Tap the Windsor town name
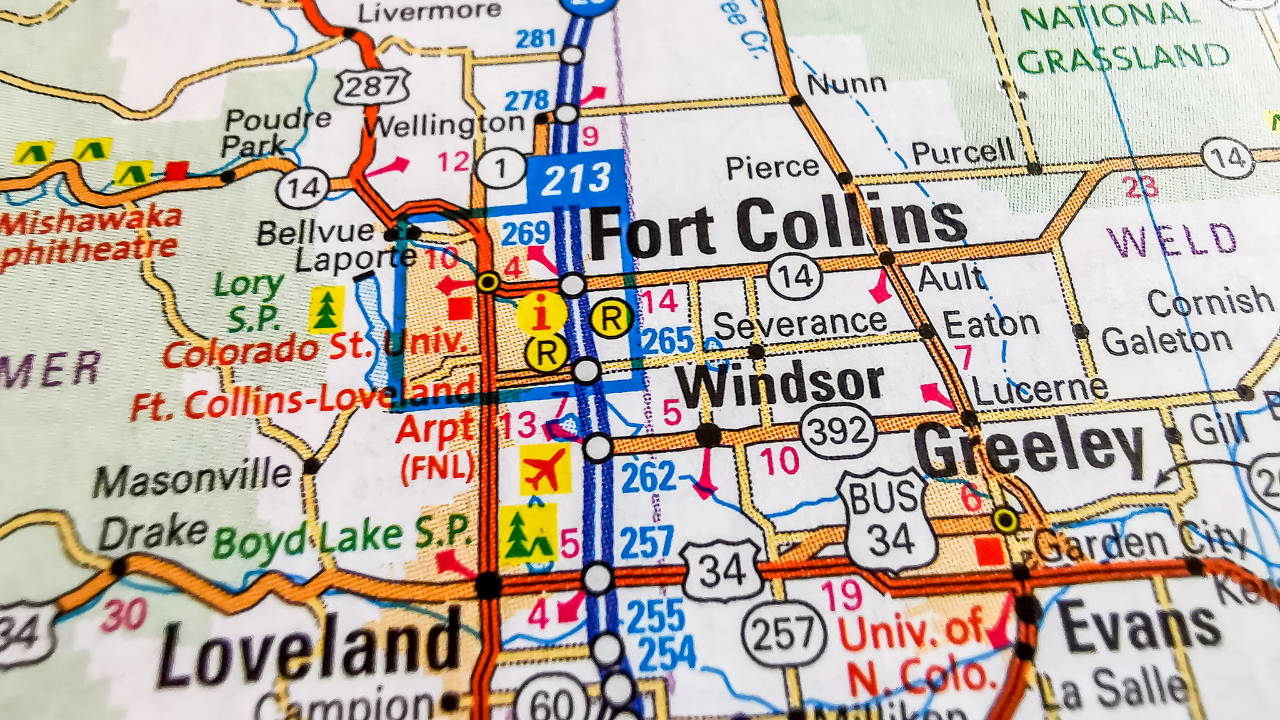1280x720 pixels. click(779, 384)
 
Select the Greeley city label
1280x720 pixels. click(1029, 450)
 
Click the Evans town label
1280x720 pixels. click(1139, 626)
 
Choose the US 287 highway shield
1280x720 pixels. click(373, 87)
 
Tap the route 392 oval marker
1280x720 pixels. click(838, 432)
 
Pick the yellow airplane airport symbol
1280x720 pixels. click(545, 470)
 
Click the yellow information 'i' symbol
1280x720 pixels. click(542, 314)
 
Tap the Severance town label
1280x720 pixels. click(800, 323)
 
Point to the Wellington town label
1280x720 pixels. click(444, 125)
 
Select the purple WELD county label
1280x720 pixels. click(1171, 241)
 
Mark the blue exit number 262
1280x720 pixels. click(648, 476)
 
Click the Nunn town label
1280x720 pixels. click(846, 85)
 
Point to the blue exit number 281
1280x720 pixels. click(535, 39)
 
